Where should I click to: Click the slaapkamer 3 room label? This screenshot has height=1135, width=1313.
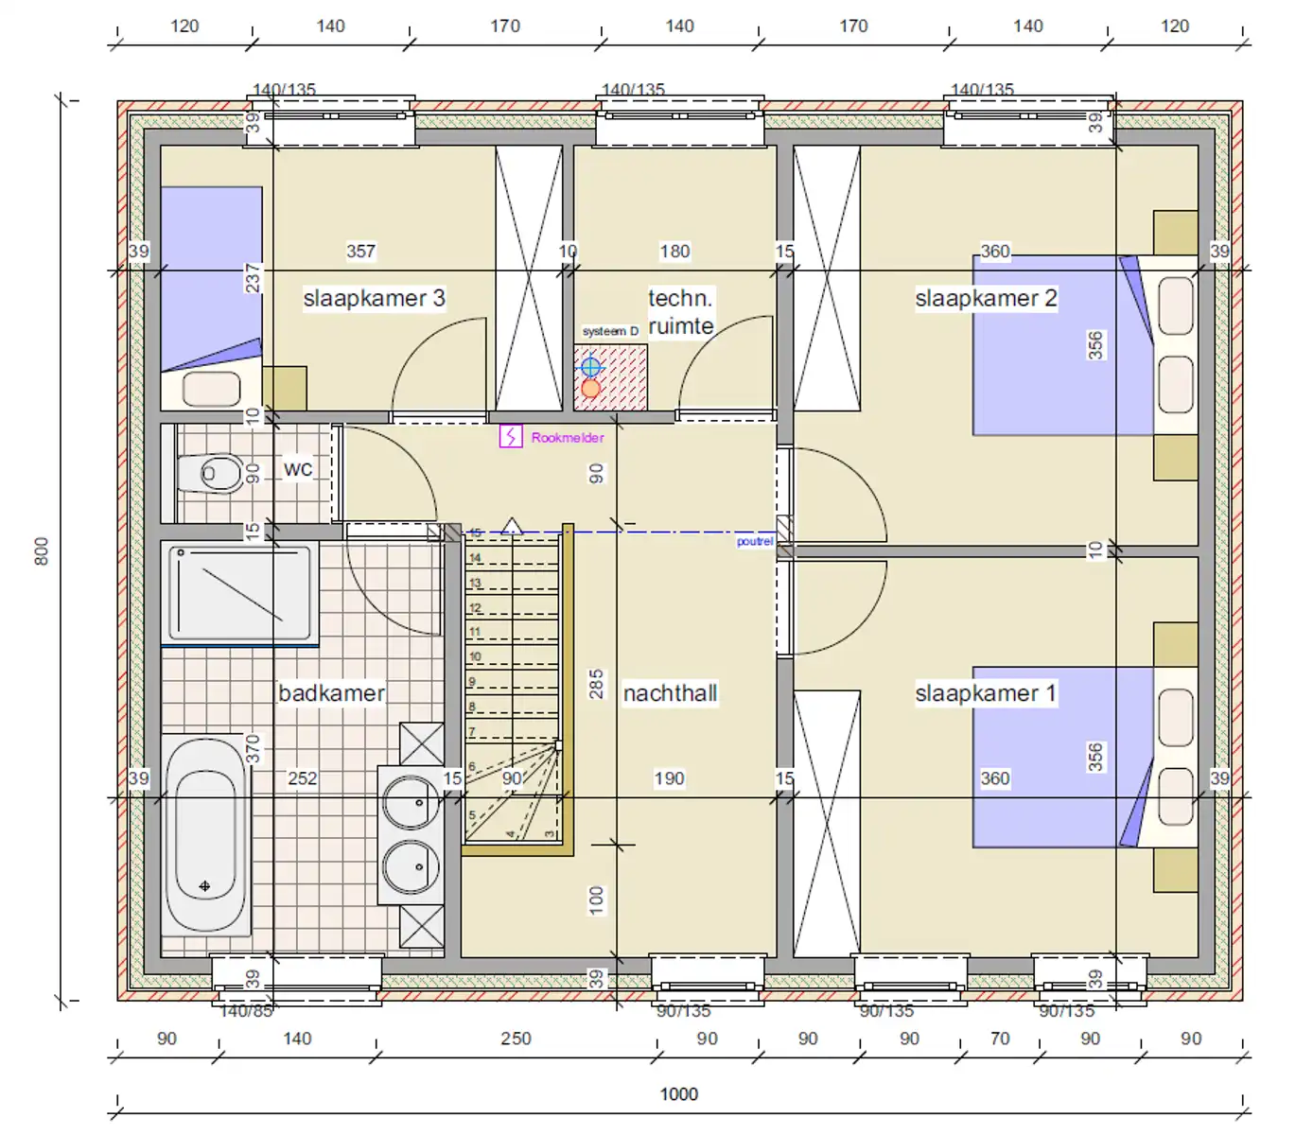374,298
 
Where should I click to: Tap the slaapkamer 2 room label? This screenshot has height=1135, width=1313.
986,298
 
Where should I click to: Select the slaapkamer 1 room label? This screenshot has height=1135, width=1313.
985,693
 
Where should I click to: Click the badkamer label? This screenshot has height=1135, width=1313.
331,693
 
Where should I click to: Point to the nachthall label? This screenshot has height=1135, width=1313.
670,693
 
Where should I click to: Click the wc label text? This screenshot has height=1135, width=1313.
298,468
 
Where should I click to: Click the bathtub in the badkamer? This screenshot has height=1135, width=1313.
205,835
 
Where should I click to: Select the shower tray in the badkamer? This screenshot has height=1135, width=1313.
239,593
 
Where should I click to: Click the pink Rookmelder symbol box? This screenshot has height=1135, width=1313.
511,436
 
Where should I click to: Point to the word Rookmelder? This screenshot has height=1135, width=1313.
568,438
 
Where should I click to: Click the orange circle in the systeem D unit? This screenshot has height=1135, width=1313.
591,388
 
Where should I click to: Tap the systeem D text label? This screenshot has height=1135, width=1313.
610,331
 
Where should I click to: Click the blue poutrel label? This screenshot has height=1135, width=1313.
755,542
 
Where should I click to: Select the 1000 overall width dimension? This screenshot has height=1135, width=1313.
678,1094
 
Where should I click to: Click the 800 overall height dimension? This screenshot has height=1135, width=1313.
42,551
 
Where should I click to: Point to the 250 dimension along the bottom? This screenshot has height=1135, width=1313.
516,1039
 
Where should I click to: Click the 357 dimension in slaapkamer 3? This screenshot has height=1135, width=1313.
360,252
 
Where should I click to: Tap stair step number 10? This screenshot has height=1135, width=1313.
475,656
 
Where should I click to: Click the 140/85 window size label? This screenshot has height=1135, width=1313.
246,1011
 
